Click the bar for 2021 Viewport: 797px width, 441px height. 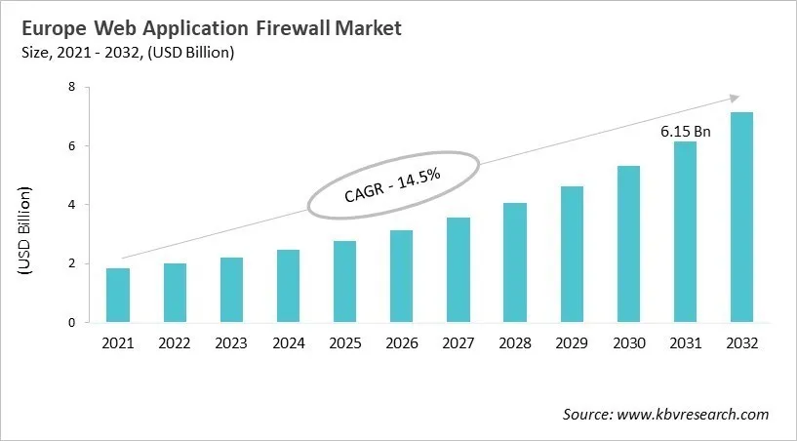(x=118, y=295)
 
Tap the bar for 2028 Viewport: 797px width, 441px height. (x=515, y=262)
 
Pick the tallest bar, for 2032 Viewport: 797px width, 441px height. (x=741, y=217)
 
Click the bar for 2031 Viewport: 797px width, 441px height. (x=685, y=231)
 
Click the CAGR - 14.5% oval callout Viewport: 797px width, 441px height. (x=393, y=184)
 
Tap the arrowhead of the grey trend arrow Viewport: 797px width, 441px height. (x=734, y=98)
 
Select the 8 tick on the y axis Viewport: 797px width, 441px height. (x=71, y=87)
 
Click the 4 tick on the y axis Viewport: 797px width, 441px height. (x=71, y=205)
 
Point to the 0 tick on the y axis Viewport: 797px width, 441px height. (x=71, y=322)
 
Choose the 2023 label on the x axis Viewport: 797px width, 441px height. (x=231, y=343)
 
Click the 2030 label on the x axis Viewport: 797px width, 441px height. (x=627, y=343)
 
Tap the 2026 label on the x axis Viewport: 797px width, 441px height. (x=401, y=343)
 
